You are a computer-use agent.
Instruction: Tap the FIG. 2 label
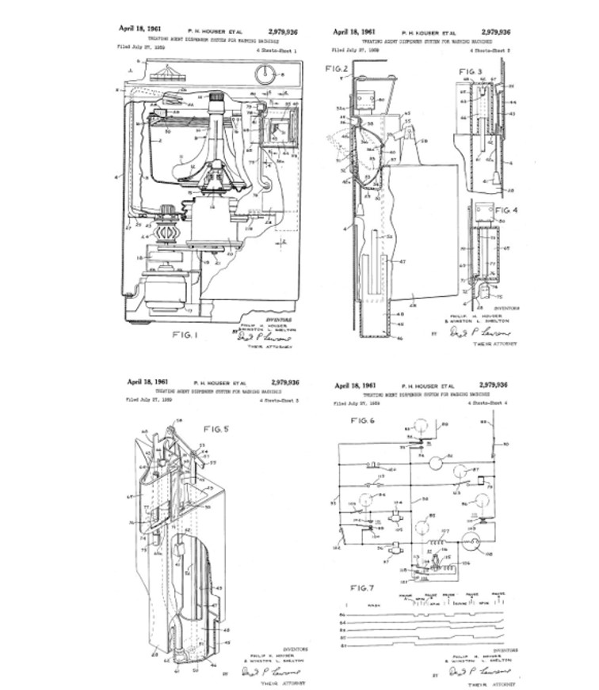(x=337, y=69)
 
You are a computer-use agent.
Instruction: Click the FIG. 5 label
(x=216, y=429)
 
